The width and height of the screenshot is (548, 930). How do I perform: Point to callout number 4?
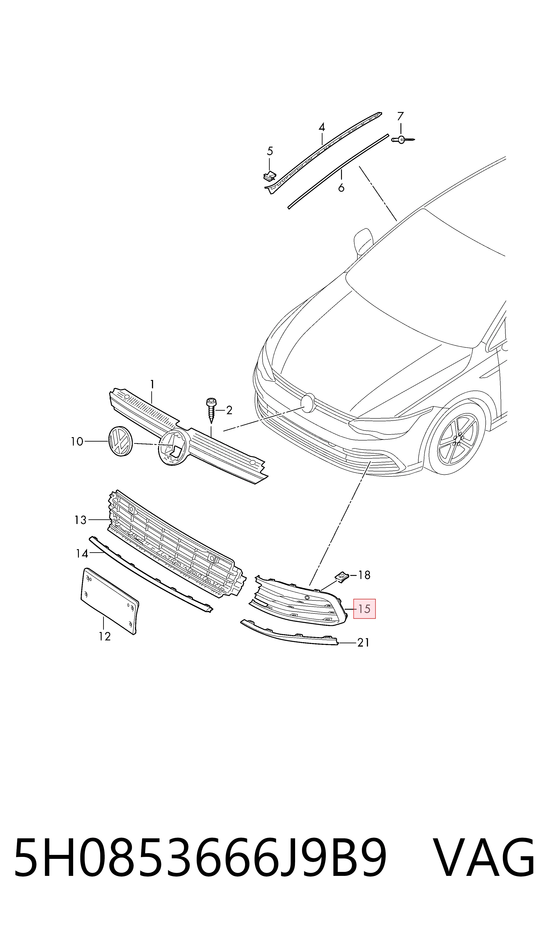tap(322, 128)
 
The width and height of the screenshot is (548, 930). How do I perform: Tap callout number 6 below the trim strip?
tap(341, 188)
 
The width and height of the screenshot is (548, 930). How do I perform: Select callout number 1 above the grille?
tap(152, 385)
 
